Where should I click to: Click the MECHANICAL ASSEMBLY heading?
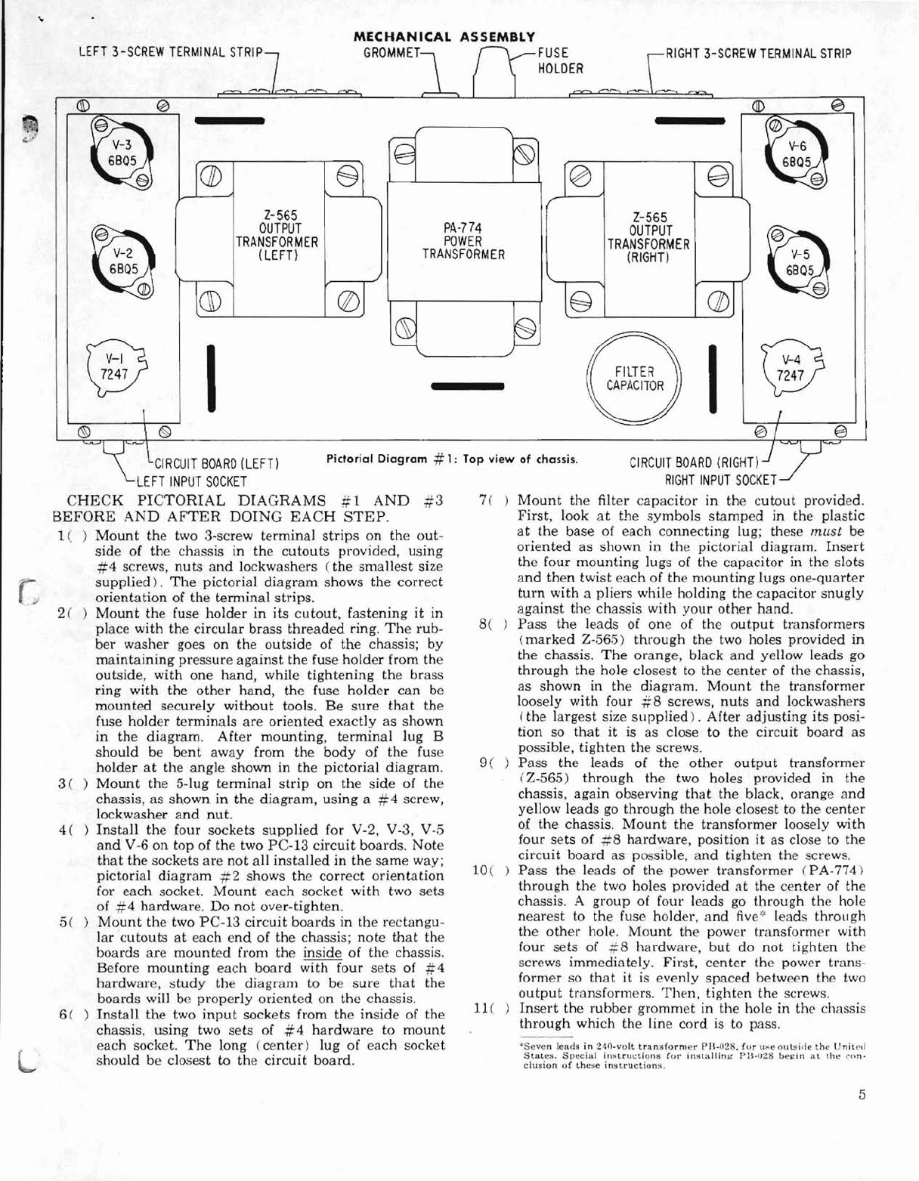click(444, 36)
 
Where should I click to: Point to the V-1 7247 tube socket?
click(116, 367)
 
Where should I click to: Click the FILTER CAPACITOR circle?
click(635, 379)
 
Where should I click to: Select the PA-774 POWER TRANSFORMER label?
click(463, 240)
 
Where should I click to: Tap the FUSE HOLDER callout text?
click(560, 61)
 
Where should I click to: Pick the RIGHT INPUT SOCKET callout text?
click(720, 481)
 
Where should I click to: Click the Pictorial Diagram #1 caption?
click(452, 459)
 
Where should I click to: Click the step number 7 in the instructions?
click(484, 501)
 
